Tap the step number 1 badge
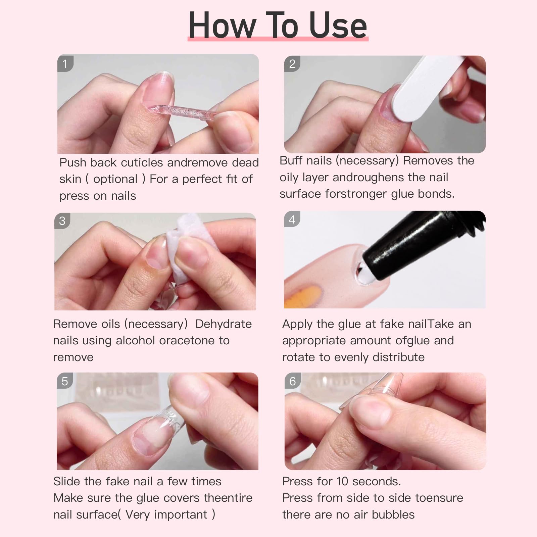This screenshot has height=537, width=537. (65, 64)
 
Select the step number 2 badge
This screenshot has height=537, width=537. (292, 64)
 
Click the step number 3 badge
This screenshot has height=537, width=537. (62, 221)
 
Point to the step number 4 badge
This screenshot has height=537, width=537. (292, 219)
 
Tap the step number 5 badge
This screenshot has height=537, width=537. (65, 381)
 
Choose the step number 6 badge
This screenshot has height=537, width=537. (292, 381)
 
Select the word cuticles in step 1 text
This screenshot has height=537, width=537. (142, 162)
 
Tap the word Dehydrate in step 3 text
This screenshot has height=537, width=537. (223, 324)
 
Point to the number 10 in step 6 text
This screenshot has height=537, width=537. (342, 481)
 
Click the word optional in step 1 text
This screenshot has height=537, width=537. (115, 179)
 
